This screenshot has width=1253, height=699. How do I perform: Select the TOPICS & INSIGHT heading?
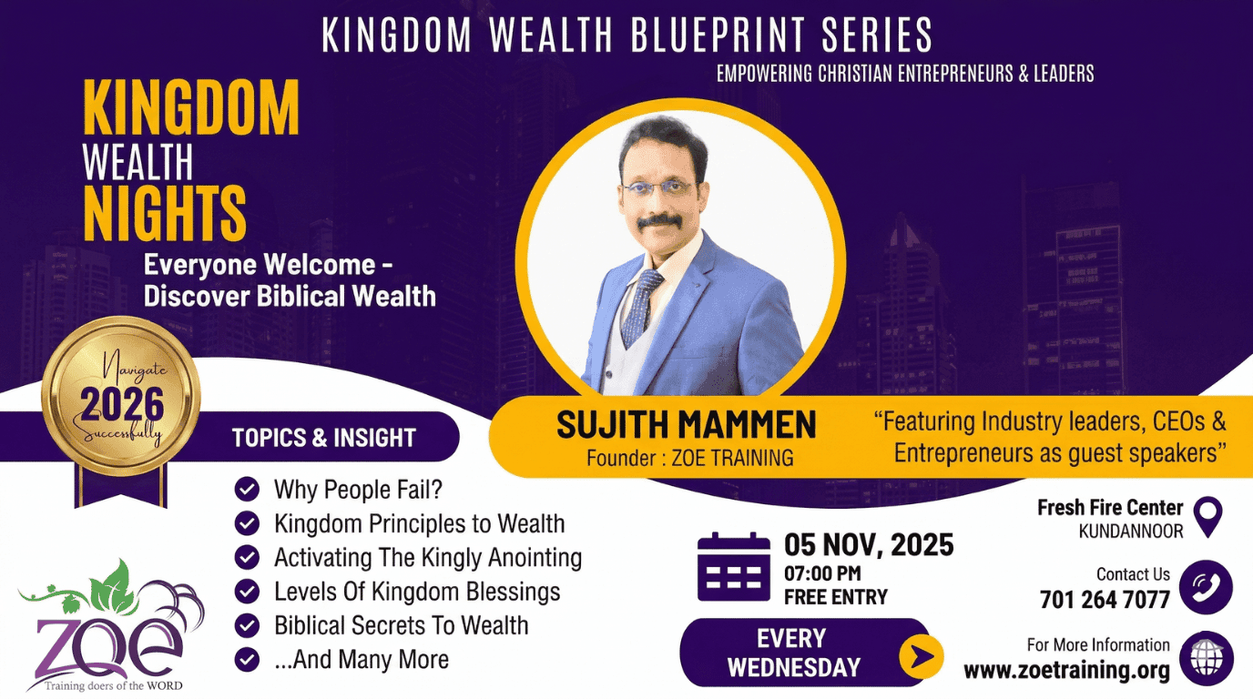(x=323, y=438)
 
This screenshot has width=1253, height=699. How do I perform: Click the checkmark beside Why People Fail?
(x=247, y=490)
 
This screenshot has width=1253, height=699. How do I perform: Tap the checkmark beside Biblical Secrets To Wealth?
(x=247, y=625)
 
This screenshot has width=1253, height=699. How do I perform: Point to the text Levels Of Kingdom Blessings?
(x=417, y=592)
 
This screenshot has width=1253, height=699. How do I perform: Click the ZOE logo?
(x=109, y=628)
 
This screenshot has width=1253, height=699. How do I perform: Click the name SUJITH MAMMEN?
(x=686, y=425)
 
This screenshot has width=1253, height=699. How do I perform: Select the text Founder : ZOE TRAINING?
(x=689, y=458)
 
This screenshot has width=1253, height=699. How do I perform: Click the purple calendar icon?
(x=733, y=567)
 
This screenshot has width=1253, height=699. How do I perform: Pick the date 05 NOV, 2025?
(x=869, y=545)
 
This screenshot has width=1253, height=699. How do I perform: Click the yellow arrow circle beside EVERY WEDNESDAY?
(x=921, y=654)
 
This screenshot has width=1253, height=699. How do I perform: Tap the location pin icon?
(x=1207, y=516)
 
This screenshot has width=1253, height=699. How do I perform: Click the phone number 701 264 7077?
(x=1105, y=600)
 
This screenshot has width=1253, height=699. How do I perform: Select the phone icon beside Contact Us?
(x=1206, y=587)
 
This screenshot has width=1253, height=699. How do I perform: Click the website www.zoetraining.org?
(x=1066, y=672)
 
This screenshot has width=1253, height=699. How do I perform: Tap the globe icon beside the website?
(x=1206, y=658)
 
